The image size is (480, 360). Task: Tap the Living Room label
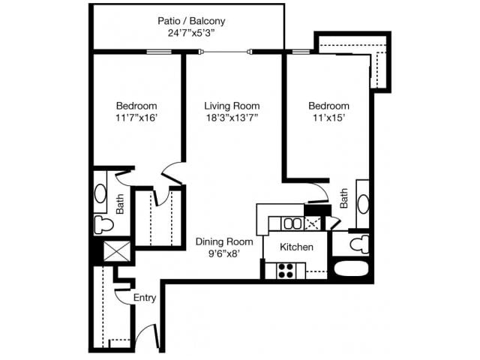(232, 106)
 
